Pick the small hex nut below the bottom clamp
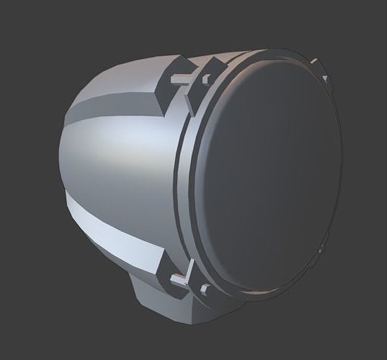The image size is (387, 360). coord(205,289)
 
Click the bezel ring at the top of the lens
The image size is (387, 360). coord(267,56)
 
